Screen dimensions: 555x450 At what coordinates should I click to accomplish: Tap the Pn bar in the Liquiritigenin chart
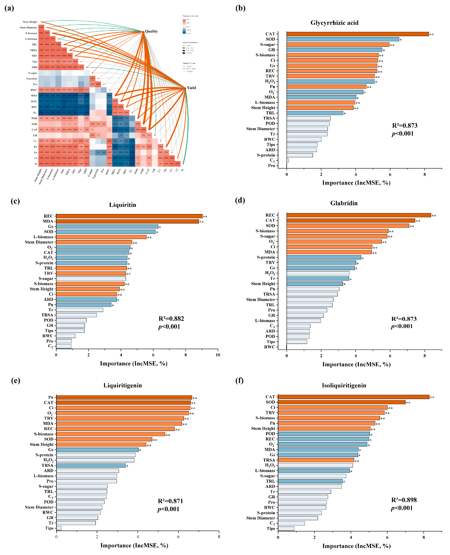[124, 397]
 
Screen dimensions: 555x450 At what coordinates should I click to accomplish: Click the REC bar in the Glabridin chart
[359, 215]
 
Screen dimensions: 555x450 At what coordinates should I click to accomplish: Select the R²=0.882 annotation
[171, 319]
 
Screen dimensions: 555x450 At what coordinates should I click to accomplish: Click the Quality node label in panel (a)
[151, 31]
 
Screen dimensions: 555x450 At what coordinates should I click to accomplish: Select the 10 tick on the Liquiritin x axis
[218, 355]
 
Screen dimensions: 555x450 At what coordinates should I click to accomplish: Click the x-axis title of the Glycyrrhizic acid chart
[356, 183]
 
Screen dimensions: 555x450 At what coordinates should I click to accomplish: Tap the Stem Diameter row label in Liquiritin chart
[39, 242]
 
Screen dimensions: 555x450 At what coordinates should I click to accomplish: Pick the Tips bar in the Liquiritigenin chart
[59, 528]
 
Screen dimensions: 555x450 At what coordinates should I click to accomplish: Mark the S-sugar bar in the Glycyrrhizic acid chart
[338, 45]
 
